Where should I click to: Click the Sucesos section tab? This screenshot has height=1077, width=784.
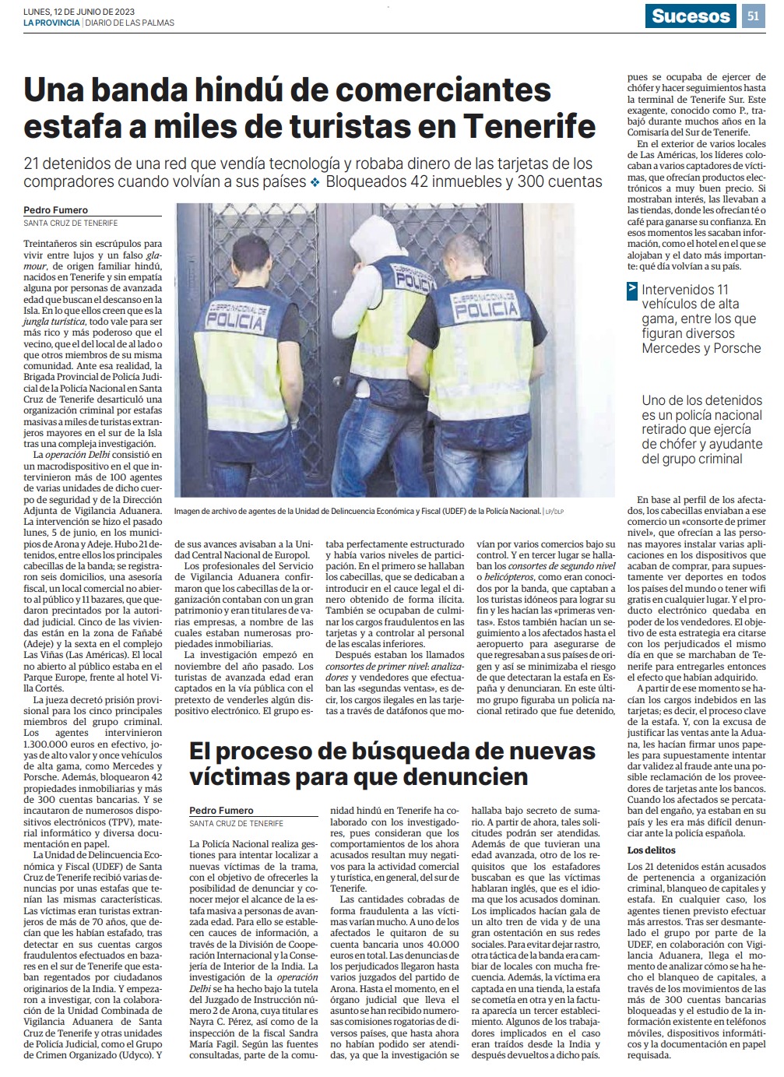click(691, 16)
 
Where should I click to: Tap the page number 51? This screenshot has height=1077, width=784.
click(753, 16)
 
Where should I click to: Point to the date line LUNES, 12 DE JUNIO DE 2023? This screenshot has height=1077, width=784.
click(79, 11)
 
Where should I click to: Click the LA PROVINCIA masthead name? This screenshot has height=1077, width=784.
click(51, 23)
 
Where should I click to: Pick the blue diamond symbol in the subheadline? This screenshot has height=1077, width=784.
click(315, 182)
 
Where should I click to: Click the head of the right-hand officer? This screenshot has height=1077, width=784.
click(467, 254)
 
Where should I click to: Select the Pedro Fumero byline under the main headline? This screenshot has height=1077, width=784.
click(55, 210)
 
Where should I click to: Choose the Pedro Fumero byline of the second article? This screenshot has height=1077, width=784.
click(221, 811)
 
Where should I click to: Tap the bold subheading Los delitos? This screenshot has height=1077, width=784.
click(652, 850)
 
